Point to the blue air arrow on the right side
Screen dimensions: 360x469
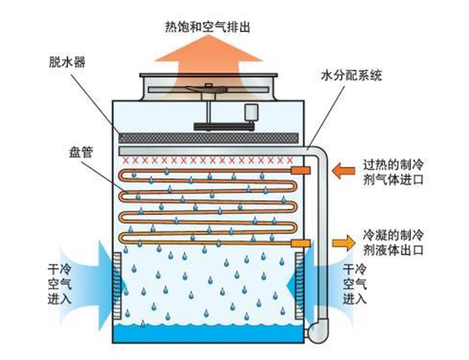(x=314, y=278)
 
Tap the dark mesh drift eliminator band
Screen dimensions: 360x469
(x=207, y=137)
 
